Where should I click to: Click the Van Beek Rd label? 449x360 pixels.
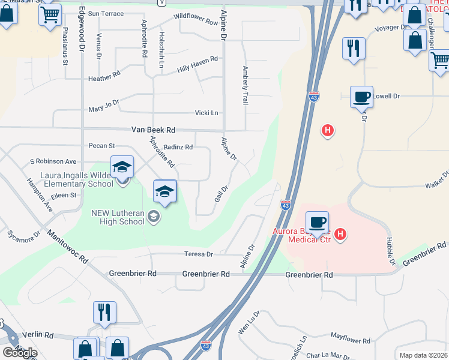point(153,130)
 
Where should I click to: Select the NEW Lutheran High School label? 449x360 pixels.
point(118,217)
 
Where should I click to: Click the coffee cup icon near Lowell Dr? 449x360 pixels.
point(362,97)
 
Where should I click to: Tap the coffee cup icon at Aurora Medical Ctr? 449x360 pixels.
point(317,221)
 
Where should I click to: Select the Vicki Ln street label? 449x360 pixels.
point(206,113)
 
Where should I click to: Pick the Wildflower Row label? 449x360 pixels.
point(196,20)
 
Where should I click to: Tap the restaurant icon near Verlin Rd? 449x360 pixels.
point(104,312)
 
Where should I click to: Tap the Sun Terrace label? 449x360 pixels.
point(106,13)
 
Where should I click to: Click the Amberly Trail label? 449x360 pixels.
point(245,86)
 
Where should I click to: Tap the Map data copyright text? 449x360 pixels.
point(424,355)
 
